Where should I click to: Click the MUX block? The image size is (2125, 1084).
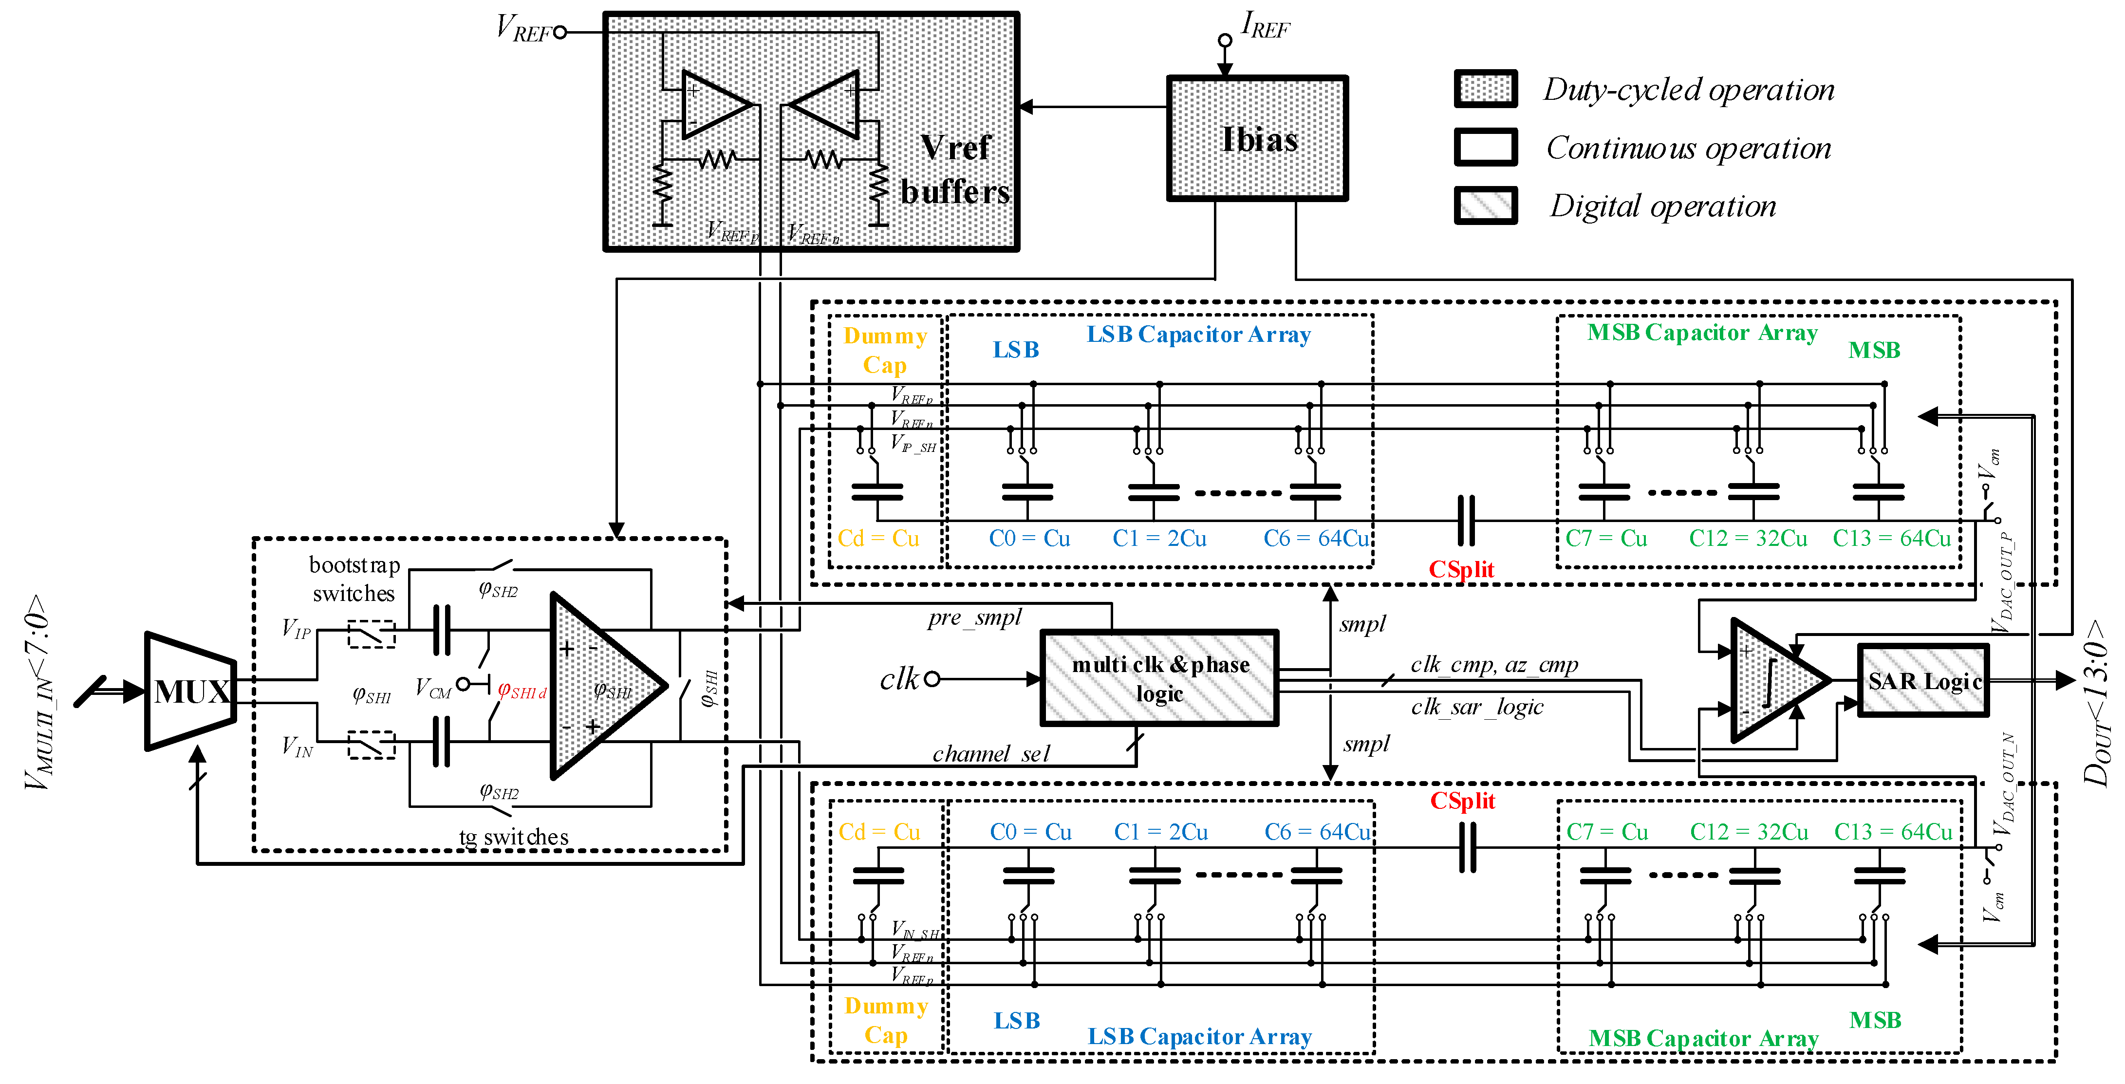(x=190, y=692)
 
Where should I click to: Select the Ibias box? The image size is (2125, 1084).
(x=1257, y=139)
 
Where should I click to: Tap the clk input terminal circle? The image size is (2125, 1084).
(x=932, y=679)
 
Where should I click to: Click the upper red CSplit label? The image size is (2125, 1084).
(x=1461, y=569)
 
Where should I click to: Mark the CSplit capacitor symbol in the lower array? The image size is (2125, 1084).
(x=1467, y=848)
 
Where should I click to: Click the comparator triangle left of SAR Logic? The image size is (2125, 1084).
(x=1773, y=681)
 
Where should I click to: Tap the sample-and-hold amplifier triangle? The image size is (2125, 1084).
(x=602, y=685)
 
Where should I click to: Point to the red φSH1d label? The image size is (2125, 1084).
(x=522, y=692)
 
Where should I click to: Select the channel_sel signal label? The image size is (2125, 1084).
(x=991, y=753)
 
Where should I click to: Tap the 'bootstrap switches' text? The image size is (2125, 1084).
(x=354, y=579)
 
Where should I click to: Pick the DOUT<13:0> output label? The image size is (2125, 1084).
(x=2095, y=701)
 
